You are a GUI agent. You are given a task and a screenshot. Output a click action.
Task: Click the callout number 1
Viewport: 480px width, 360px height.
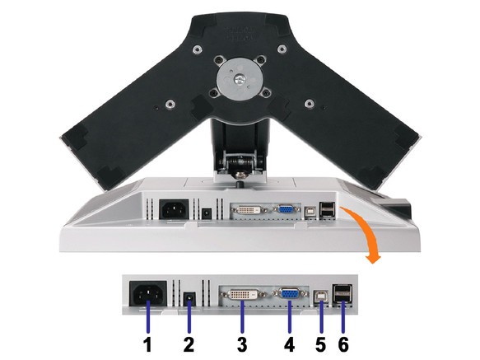coord(148,344)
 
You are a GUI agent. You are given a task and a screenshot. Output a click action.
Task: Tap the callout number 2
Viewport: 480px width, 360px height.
coord(189,344)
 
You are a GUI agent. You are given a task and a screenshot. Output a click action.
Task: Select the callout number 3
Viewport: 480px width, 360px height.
coord(242,344)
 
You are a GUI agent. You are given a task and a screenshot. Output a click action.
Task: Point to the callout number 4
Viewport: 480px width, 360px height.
coord(289,344)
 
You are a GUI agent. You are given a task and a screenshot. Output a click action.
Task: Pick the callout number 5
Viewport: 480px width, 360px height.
coord(320,344)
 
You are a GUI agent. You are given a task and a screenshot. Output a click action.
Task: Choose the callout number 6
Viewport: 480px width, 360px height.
coord(343,344)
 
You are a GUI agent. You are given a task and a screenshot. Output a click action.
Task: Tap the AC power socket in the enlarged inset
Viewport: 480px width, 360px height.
coord(148,294)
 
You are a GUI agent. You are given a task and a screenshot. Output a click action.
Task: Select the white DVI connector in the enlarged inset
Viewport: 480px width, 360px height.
coord(244,295)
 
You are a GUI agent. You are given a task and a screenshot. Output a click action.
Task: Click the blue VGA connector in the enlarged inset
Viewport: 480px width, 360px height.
coord(289,294)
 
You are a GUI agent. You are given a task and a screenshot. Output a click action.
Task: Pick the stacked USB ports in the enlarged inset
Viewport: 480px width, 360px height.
coord(343,293)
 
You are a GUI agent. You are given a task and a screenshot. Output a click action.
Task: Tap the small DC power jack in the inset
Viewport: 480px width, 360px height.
coord(189,299)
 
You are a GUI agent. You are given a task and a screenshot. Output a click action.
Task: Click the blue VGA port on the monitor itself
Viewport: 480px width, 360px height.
coord(284,210)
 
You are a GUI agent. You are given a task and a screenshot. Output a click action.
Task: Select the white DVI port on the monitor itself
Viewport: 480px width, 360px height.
coord(249,211)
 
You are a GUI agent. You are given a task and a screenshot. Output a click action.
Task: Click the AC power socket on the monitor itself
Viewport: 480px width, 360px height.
coord(174,209)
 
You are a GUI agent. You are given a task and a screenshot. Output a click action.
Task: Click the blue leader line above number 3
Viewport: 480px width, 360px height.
coord(242,316)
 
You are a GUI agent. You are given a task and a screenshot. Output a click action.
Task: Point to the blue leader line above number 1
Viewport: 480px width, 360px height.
coord(148,316)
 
